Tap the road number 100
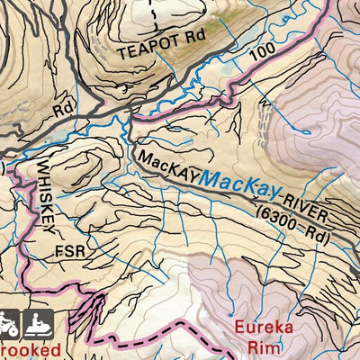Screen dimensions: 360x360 click(261, 53)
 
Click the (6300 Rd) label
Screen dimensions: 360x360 click(294, 223)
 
